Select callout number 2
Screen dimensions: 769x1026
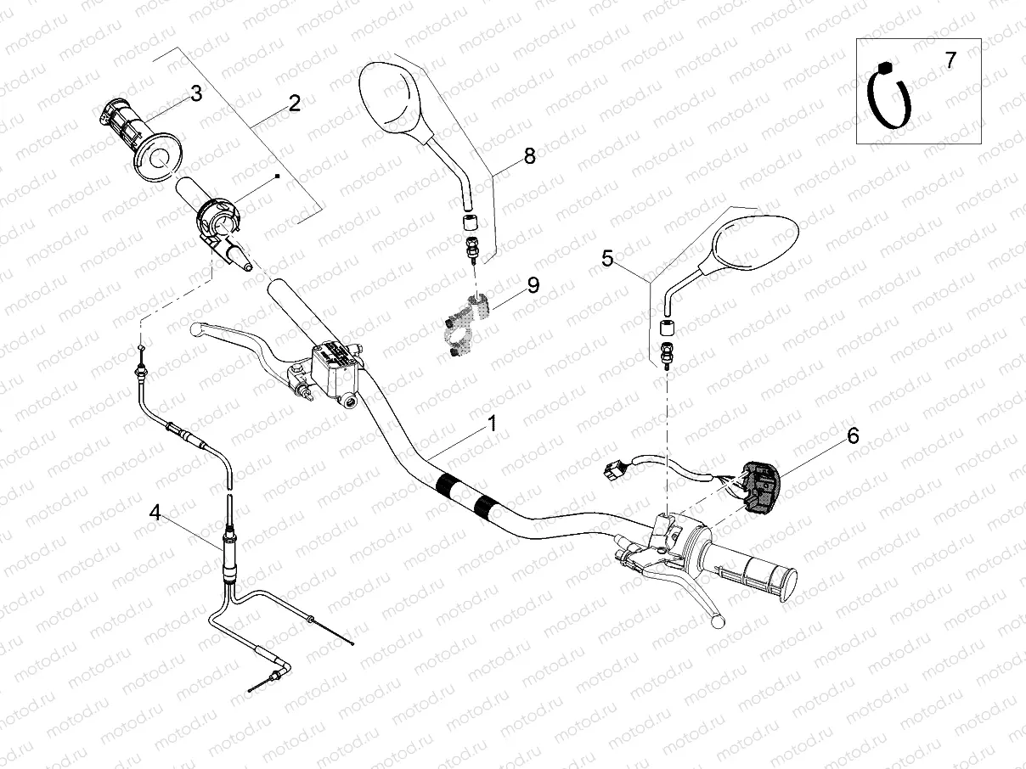click(295, 104)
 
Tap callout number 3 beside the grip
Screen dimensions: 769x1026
click(196, 93)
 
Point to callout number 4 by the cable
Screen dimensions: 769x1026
click(155, 512)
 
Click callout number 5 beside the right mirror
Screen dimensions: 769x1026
click(607, 258)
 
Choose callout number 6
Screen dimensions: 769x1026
click(853, 435)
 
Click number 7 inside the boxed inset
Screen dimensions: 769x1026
click(950, 60)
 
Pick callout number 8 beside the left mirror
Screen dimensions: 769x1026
click(530, 155)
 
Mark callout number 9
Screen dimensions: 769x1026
click(533, 285)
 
